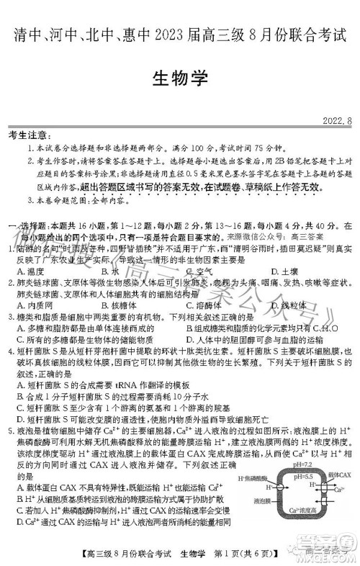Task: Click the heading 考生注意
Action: (x=29, y=135)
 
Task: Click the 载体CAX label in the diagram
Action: (x=336, y=477)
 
